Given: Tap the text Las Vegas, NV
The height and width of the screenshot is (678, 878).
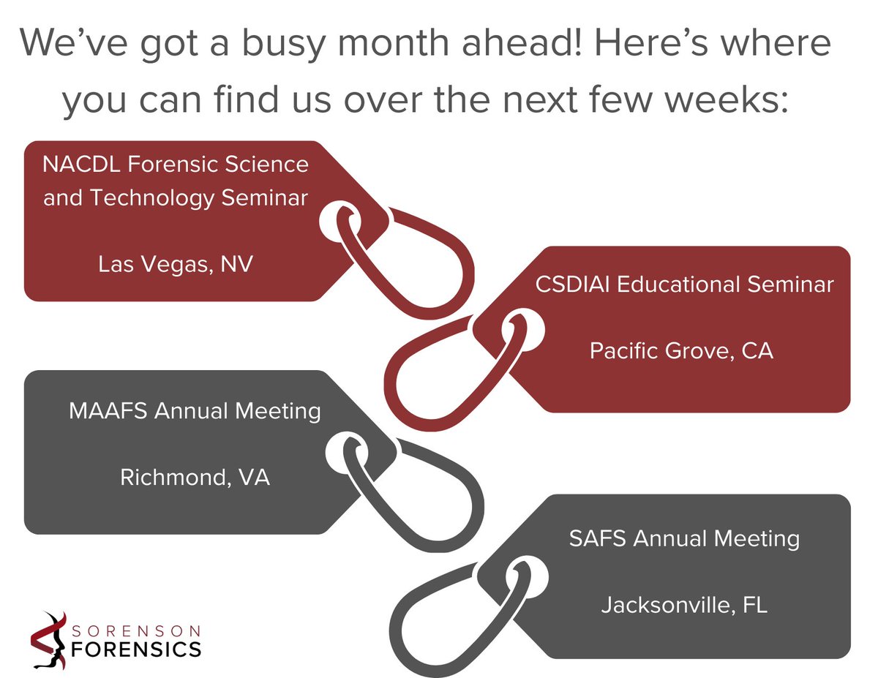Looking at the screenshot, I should point(176,264).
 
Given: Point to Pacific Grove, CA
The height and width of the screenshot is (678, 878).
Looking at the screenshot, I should point(681,352).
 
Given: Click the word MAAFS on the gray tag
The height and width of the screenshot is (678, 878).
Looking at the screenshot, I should point(106,411).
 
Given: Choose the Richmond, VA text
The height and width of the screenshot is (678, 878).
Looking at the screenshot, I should point(195,478).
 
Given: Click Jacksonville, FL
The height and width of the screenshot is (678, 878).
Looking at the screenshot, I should point(684,606).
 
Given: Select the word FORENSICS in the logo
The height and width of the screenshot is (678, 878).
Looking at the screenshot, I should point(137,649).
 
